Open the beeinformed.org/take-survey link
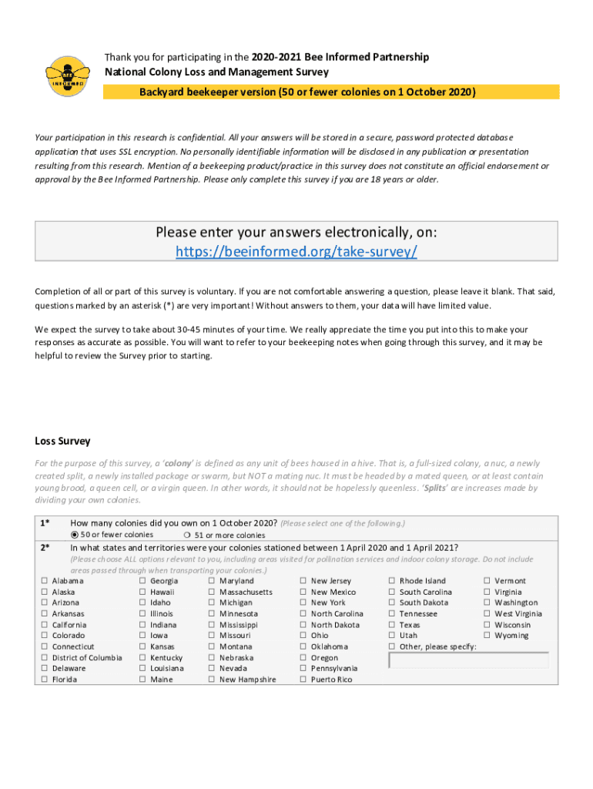click(296, 252)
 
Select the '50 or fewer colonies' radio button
click(75, 535)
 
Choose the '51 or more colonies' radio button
click(188, 536)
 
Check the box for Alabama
click(45, 581)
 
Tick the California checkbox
click(45, 625)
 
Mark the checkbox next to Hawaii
click(142, 592)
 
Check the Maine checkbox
click(142, 680)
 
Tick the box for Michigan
click(212, 603)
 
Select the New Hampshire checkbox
click(212, 680)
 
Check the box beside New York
click(303, 603)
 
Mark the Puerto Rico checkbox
click(303, 680)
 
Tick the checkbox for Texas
click(392, 625)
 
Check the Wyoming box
click(487, 636)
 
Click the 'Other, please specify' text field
click(468, 660)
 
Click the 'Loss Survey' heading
click(62, 442)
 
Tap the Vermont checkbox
click(487, 581)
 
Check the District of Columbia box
click(45, 658)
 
